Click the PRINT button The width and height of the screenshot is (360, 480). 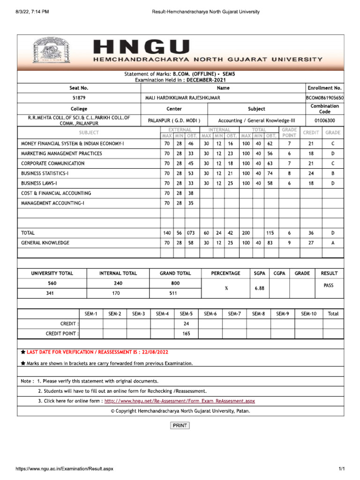coord(180,426)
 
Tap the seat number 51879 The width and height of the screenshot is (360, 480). coord(79,98)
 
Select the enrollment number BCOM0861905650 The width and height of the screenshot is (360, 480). coord(324,98)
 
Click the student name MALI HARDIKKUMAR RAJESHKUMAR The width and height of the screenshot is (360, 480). coord(183,98)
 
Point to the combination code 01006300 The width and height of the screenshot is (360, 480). coord(324,120)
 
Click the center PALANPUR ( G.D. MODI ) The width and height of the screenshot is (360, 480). coord(174,120)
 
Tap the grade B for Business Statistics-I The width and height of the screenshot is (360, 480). coord(333,173)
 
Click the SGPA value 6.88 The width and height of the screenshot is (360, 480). coord(260,289)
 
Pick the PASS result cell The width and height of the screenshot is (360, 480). coord(329,285)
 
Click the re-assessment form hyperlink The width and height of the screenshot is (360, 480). coord(180,401)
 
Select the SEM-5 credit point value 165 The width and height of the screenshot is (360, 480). coord(186,334)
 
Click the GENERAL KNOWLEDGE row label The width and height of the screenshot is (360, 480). coord(45,243)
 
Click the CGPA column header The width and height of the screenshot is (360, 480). coord(279,273)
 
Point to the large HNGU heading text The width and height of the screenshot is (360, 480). coord(142,47)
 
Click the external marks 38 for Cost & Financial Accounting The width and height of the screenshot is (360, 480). coord(191,193)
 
